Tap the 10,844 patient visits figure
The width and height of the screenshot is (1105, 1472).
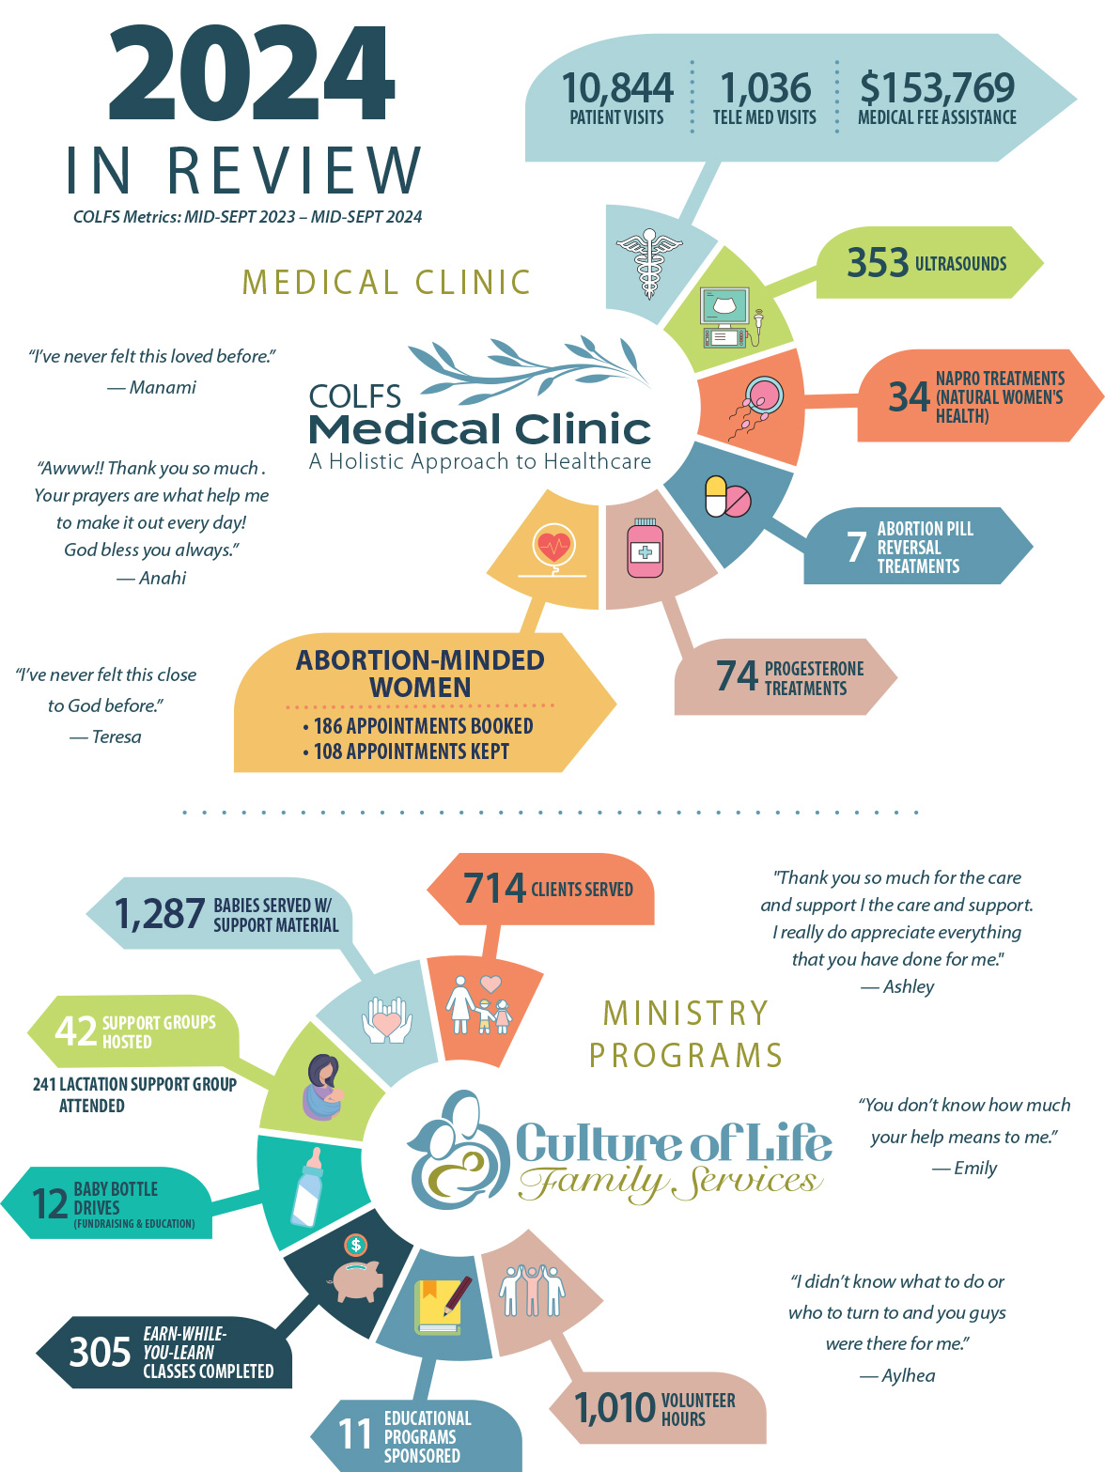[617, 88]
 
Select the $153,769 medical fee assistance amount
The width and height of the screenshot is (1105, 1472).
[937, 88]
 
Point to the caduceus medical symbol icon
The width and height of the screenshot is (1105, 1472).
[648, 264]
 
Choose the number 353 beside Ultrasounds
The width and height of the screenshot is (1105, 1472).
[878, 263]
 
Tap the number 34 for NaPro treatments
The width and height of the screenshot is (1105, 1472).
[909, 397]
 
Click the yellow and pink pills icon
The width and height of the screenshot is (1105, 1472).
[727, 497]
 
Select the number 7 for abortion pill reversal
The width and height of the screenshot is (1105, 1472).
[855, 547]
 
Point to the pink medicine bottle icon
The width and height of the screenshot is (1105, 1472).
[646, 548]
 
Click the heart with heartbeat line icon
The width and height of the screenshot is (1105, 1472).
[553, 548]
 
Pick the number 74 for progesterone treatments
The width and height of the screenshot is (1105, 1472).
[737, 676]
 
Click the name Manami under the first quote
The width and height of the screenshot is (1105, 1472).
[163, 387]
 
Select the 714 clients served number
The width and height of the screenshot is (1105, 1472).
[494, 889]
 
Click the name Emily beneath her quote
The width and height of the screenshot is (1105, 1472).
[975, 1168]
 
